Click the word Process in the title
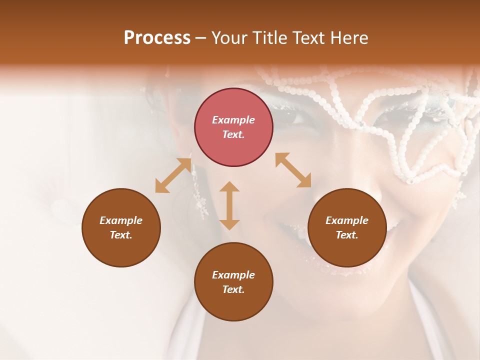click(157, 38)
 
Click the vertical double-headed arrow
click(229, 205)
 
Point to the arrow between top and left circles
click(173, 175)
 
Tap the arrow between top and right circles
click(293, 170)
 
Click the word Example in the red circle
click(233, 120)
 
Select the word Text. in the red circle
click(233, 134)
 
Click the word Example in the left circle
click(121, 220)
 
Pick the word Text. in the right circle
click(347, 235)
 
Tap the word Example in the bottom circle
click(233, 275)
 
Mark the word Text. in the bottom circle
click(233, 289)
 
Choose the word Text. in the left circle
click(121, 235)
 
